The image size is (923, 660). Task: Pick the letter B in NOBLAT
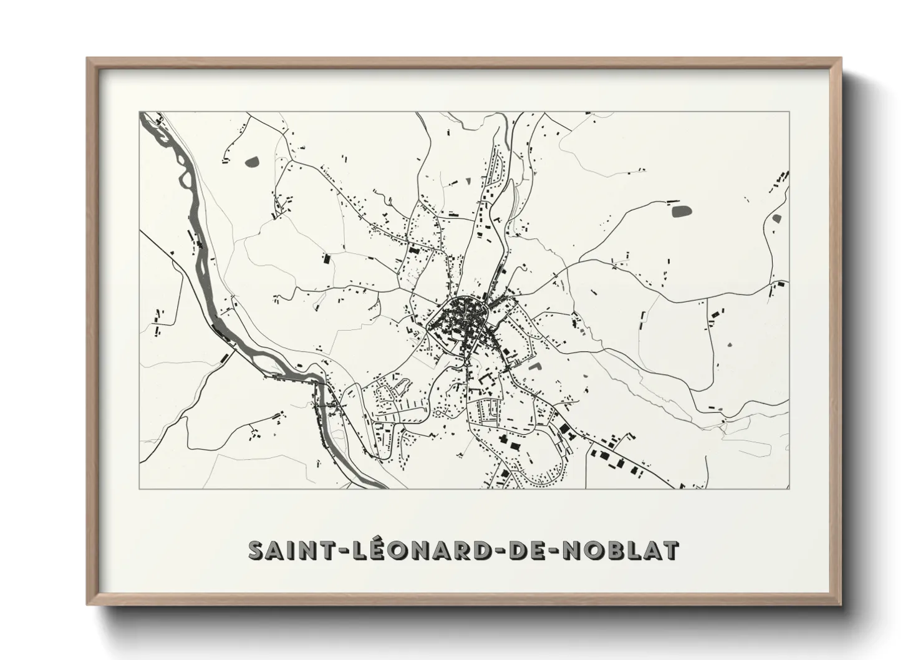(x=619, y=550)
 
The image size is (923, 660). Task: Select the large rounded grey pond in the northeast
(x=681, y=211)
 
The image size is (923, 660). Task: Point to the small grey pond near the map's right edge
(x=776, y=218)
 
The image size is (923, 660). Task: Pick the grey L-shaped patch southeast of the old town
(x=534, y=367)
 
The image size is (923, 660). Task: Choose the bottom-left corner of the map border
(x=140, y=488)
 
